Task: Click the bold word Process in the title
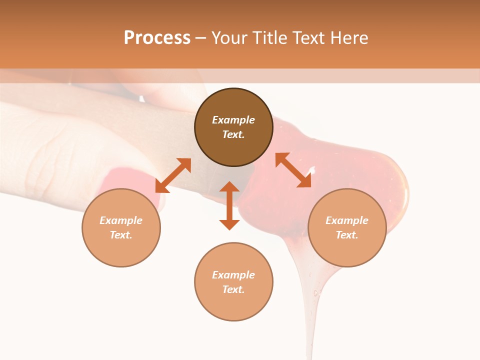[x=157, y=38]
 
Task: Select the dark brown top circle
[x=233, y=127]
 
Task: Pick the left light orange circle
[x=121, y=227]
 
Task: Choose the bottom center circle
[x=233, y=282]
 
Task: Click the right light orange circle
[x=347, y=227]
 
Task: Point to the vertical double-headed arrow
[x=229, y=205]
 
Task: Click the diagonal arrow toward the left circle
[x=173, y=175]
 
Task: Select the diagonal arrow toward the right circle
[x=293, y=170]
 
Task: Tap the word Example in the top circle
[x=233, y=120]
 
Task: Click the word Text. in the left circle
[x=121, y=235]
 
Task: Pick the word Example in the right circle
[x=347, y=220]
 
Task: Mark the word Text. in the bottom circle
[x=233, y=289]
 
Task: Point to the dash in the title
[x=201, y=38]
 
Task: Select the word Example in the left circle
[x=121, y=220]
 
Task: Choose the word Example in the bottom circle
[x=233, y=275]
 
